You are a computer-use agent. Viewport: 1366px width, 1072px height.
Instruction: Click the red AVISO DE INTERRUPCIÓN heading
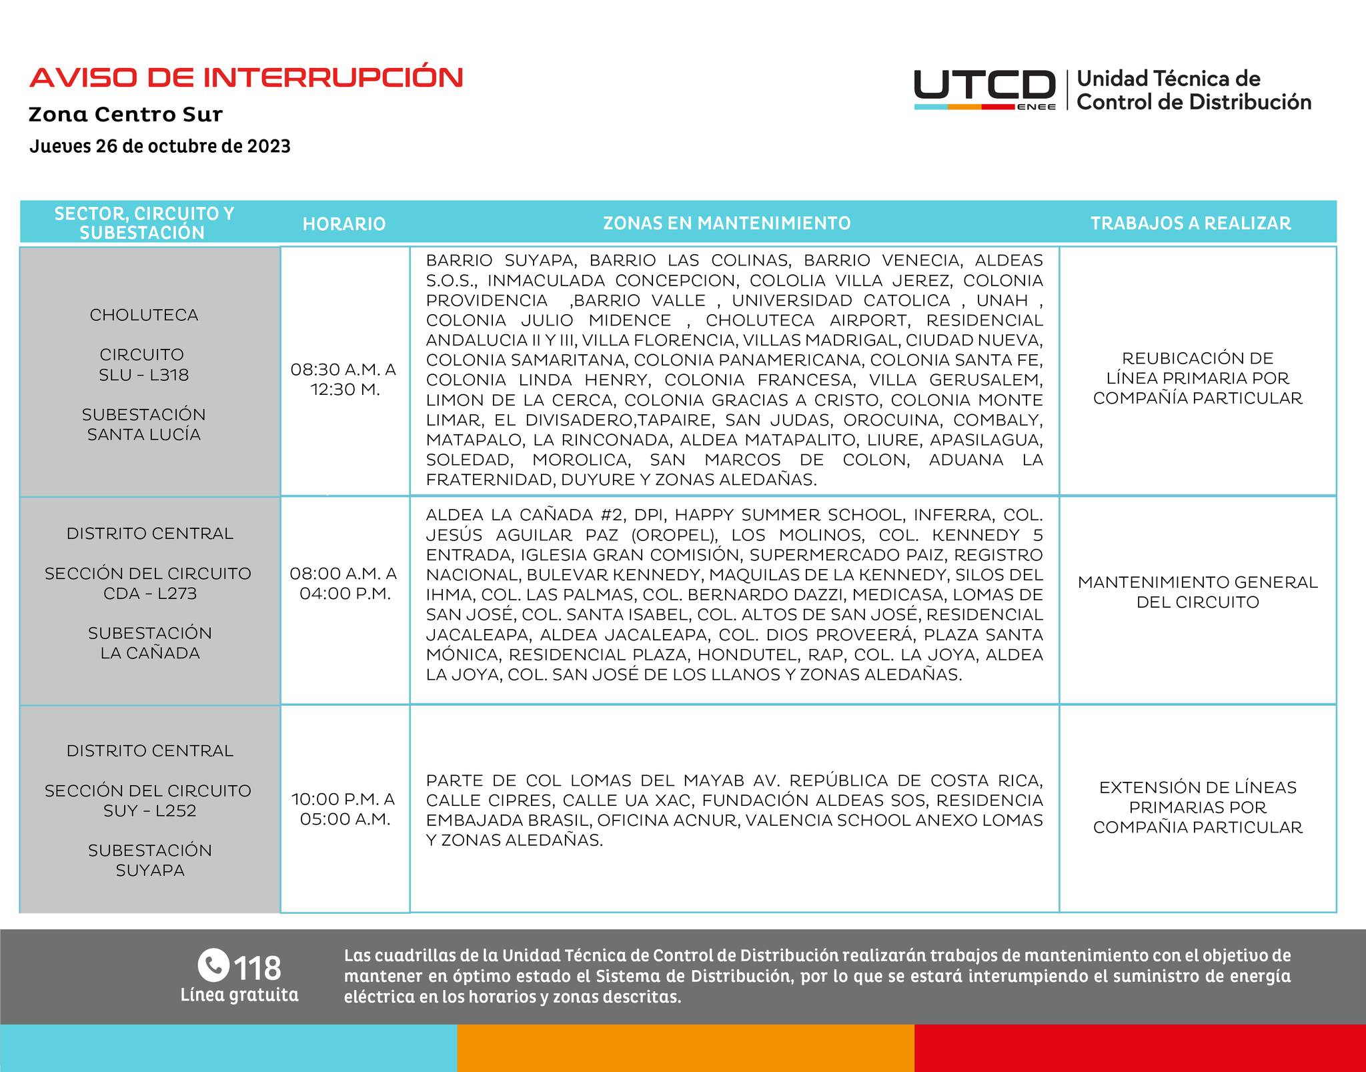pos(246,77)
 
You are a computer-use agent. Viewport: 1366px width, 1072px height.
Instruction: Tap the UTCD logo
pos(984,89)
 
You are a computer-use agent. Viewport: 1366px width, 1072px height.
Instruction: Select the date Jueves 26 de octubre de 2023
pos(160,146)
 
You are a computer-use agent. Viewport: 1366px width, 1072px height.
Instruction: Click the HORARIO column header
pos(344,223)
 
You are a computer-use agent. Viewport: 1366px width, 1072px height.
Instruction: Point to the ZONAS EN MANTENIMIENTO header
pos(727,223)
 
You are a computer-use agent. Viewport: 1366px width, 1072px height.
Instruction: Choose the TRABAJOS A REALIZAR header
pos(1191,223)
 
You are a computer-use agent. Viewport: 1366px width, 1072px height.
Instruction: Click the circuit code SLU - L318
pos(144,375)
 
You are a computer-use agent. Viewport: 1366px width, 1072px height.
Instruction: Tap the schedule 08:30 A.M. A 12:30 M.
pos(344,379)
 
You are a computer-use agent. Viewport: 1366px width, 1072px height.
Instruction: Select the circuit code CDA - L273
pos(150,593)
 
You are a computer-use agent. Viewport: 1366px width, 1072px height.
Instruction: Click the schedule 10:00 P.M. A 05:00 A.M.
pos(344,809)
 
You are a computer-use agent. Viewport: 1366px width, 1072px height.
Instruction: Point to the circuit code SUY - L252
pos(150,811)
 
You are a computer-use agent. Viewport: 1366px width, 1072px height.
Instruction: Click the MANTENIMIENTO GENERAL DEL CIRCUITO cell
pos(1197,592)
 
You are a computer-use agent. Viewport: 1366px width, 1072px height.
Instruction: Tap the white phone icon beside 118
pos(213,965)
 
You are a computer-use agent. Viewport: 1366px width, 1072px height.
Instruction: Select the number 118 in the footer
pos(257,967)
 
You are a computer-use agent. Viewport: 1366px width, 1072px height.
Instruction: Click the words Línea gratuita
pos(239,995)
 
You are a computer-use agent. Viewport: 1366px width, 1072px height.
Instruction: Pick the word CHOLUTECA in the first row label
pos(144,315)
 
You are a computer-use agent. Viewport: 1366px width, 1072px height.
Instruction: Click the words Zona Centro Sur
pos(125,114)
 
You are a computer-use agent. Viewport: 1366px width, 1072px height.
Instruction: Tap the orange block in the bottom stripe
pos(686,1048)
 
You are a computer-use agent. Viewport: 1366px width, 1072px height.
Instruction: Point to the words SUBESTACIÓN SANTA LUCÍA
pos(144,424)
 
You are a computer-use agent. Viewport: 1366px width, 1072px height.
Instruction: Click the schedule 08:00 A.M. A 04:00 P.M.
pos(344,583)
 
